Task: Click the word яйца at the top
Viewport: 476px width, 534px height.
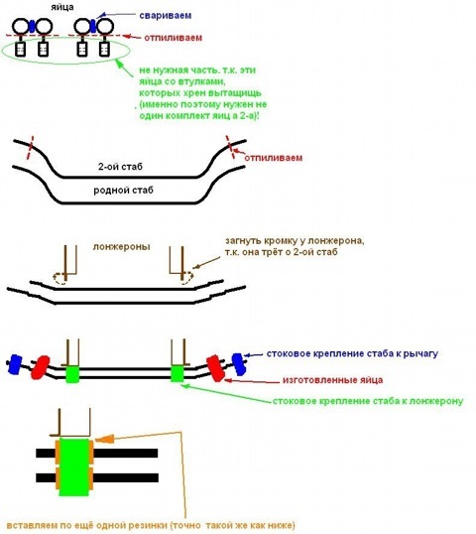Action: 62,7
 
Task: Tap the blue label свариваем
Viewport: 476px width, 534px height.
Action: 166,15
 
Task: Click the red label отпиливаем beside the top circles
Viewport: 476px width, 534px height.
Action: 173,38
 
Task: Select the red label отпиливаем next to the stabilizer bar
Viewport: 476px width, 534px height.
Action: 274,158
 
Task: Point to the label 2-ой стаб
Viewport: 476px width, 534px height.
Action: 120,167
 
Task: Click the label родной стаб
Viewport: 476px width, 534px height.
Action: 123,190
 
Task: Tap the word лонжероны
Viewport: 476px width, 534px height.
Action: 121,246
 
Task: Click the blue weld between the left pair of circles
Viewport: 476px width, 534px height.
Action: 32,26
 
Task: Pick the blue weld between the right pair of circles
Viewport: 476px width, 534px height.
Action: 93,26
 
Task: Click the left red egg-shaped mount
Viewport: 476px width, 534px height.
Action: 40,367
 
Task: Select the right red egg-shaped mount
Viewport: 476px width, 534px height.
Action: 216,368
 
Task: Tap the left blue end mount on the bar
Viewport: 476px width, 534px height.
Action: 15,364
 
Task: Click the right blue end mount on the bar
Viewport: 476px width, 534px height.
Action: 238,364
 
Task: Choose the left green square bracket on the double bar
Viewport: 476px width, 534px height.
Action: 72,374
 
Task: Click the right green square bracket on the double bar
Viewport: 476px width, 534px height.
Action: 177,373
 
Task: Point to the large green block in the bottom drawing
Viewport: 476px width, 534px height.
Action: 73,467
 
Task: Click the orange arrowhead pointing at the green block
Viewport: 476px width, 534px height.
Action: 104,439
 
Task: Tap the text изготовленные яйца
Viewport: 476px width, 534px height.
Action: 332,380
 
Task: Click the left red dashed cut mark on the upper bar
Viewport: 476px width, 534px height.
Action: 31,147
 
